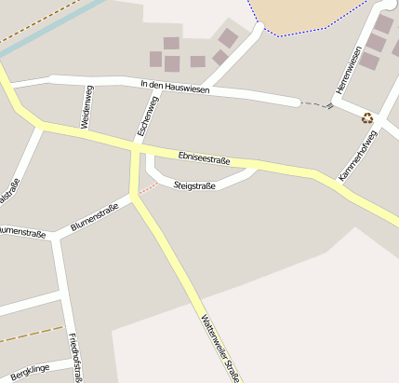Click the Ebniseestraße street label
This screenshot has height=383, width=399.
(x=203, y=159)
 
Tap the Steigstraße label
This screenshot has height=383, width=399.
(x=194, y=186)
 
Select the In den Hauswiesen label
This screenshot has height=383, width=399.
(x=175, y=89)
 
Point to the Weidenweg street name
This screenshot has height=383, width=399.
(x=86, y=106)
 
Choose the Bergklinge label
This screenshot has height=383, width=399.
(x=28, y=371)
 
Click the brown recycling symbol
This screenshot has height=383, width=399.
(x=367, y=118)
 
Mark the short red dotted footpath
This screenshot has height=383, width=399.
(x=147, y=189)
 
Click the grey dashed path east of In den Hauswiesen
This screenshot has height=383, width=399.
(x=316, y=103)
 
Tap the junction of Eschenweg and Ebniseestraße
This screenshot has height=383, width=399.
(x=137, y=147)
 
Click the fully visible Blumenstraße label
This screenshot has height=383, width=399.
(x=94, y=217)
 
